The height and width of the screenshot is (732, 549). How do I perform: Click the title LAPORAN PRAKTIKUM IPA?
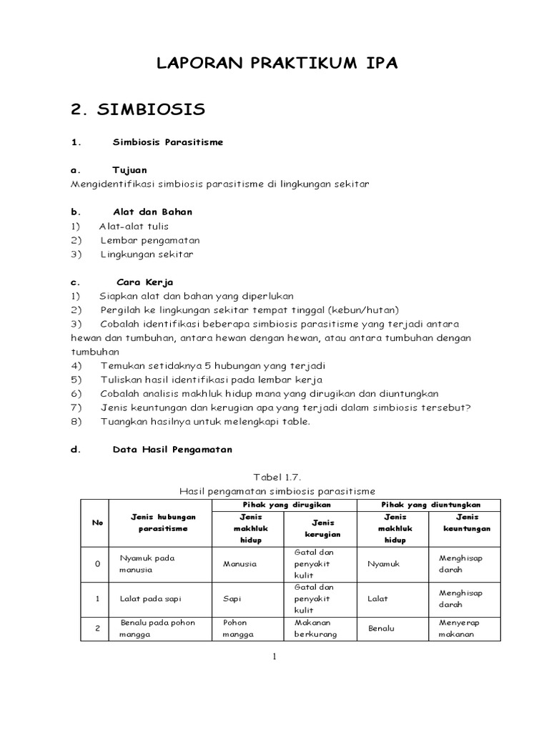277,64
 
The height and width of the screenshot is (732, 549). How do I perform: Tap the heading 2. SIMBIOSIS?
138,109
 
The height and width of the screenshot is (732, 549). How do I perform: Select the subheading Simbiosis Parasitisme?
168,142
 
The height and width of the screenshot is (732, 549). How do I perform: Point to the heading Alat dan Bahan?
152,212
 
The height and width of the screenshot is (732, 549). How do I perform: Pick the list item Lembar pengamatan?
150,240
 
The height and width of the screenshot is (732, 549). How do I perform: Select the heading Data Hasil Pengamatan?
172,450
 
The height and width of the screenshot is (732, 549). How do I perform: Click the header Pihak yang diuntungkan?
430,505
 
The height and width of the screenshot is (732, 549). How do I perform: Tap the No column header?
98,523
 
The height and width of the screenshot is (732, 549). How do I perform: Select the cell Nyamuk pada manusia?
147,564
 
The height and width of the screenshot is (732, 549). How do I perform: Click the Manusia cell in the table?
239,564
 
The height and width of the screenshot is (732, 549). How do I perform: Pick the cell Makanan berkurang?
314,628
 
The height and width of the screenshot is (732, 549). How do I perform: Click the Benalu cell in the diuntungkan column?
381,628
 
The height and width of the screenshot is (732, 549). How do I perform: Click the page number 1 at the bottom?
274,658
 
